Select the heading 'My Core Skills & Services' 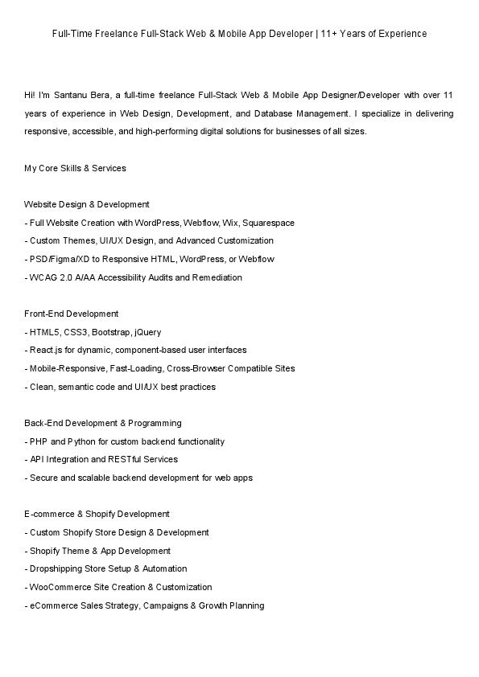coord(75,168)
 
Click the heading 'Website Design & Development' coord(87,204)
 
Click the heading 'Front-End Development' coord(72,314)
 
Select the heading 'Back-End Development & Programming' coord(103,423)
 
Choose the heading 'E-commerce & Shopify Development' coord(97,514)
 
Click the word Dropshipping coord(55,568)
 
